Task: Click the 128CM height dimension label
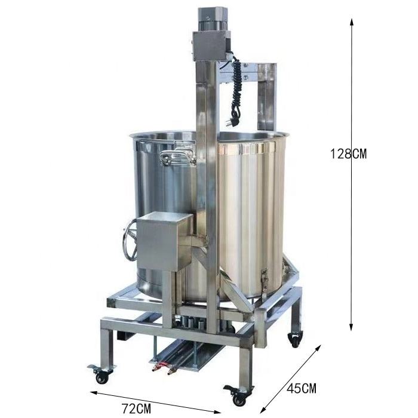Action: point(348,153)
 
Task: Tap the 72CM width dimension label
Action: point(137,408)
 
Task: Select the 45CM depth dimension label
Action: point(302,388)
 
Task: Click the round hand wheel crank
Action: point(130,241)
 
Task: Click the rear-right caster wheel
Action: point(296,339)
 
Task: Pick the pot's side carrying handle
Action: point(177,157)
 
